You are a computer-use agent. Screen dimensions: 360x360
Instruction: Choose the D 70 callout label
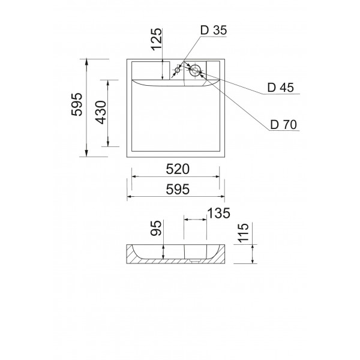point(283,125)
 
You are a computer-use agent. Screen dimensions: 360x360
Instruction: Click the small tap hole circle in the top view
point(177,71)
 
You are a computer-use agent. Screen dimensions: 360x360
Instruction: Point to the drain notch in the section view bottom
point(194,261)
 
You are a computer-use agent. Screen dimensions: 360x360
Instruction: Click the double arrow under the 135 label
point(195,220)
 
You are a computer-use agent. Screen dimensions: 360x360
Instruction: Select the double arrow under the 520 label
point(175,177)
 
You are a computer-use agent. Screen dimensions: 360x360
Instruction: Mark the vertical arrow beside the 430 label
point(109,112)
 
